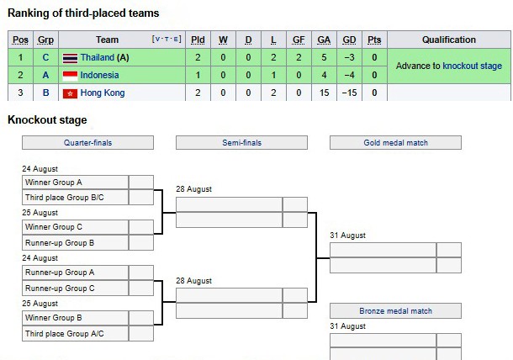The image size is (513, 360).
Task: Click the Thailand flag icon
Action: pos(70,58)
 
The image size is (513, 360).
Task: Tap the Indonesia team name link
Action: pos(99,75)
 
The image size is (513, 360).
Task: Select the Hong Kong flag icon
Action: pos(70,93)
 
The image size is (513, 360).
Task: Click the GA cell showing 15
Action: pos(324,93)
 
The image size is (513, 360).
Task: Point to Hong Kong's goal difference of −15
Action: pos(349,93)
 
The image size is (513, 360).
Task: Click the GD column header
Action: pos(349,40)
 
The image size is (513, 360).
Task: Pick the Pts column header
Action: pos(374,40)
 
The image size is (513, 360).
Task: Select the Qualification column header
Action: pos(449,40)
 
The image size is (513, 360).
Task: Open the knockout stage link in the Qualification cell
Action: pos(472,66)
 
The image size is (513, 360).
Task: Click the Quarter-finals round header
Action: pos(87,143)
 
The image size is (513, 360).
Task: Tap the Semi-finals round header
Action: pos(241,143)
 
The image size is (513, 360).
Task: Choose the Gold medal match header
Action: pos(395,143)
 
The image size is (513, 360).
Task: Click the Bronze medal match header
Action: pos(395,311)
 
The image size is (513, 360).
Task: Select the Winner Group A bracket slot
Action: pos(75,183)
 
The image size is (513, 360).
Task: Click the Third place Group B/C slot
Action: pos(75,198)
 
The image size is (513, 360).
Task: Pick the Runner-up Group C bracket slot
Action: pos(75,289)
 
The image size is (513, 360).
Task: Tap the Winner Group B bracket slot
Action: pos(75,318)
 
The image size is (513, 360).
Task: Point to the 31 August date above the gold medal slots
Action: pos(348,236)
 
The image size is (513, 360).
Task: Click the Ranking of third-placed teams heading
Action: pos(83,13)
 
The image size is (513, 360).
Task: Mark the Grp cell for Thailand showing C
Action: pos(45,57)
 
